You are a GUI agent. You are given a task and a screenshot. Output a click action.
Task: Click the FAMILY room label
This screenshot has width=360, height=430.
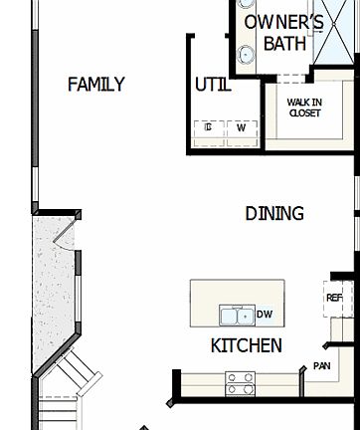pyautogui.click(x=95, y=85)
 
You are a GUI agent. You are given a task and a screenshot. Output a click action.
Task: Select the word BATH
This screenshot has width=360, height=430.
pyautogui.click(x=284, y=45)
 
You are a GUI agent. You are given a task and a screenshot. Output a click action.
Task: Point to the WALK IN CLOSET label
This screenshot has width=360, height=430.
pyautogui.click(x=303, y=107)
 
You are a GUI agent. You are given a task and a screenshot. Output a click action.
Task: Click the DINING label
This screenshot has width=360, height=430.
pyautogui.click(x=274, y=213)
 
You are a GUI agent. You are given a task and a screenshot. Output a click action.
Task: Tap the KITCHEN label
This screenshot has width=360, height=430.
pyautogui.click(x=246, y=346)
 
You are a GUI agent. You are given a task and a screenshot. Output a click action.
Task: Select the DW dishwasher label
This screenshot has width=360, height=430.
pyautogui.click(x=265, y=316)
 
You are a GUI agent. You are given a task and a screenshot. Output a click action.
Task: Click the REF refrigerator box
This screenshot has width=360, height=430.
pyautogui.click(x=335, y=297)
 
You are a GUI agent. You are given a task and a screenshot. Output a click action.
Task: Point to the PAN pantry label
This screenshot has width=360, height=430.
pyautogui.click(x=321, y=366)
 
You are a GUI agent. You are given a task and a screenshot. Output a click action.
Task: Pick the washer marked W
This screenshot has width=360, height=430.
pyautogui.click(x=241, y=127)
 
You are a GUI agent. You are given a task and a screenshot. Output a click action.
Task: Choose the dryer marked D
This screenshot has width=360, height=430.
pyautogui.click(x=209, y=127)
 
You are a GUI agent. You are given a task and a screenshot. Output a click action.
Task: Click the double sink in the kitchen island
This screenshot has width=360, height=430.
pyautogui.click(x=237, y=317)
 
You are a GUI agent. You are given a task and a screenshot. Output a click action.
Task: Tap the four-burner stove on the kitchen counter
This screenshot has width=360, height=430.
pyautogui.click(x=239, y=381)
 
